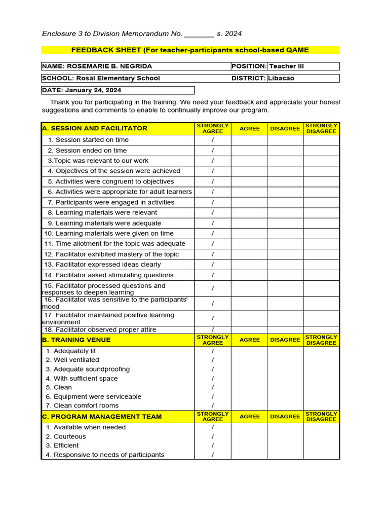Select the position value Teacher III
point(286,66)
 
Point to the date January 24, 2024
point(93,90)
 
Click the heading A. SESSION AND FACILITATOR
point(95,128)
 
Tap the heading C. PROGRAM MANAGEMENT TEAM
point(102,417)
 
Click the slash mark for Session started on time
point(213,140)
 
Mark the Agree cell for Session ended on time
point(249,151)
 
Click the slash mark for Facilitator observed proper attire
point(213,330)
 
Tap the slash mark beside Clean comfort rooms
point(213,405)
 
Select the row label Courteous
point(70,436)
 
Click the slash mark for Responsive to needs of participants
point(213,455)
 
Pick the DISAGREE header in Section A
point(285,129)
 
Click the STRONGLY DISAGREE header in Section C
point(321,417)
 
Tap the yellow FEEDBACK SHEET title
point(190,50)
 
